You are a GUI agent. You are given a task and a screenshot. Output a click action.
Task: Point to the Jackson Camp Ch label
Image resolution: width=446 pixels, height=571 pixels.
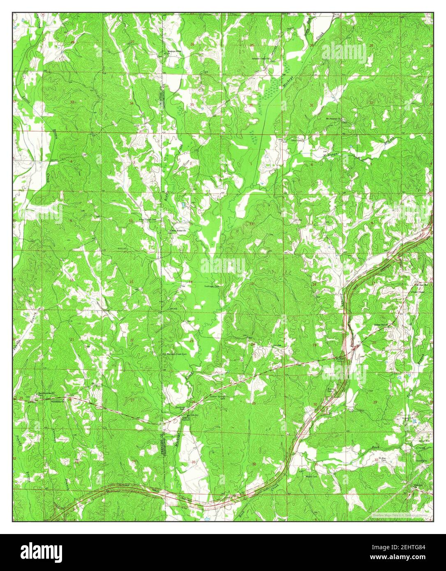[263, 59]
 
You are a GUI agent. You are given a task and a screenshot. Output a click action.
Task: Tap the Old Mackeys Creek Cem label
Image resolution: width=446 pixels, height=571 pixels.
[173, 354]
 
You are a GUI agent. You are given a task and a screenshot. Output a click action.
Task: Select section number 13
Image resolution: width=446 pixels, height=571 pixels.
[252, 284]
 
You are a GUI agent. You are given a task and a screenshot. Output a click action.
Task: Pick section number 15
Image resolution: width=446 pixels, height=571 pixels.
[132, 281]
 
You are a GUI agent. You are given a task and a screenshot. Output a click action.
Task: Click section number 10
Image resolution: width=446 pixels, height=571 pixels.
[131, 221]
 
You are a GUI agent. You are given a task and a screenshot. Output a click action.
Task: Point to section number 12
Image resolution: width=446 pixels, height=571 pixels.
[251, 224]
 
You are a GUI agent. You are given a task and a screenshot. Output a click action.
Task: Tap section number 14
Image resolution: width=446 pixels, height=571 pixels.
[191, 281]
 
